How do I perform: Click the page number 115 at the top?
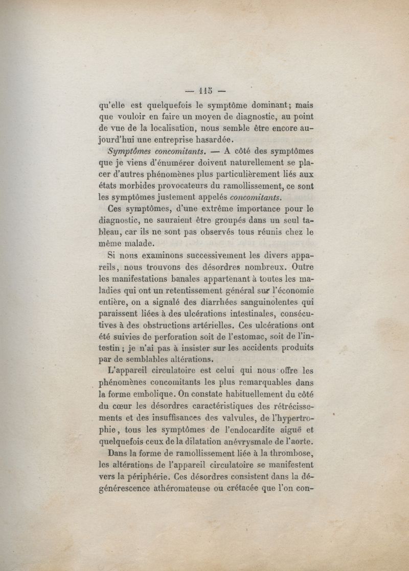[x=204, y=91]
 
